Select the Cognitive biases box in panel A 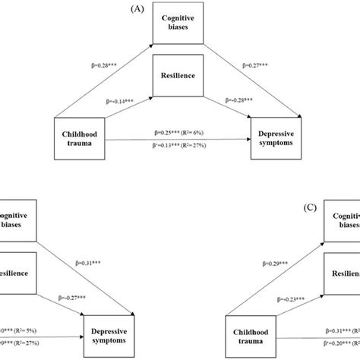179,26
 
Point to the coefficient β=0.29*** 276,264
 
